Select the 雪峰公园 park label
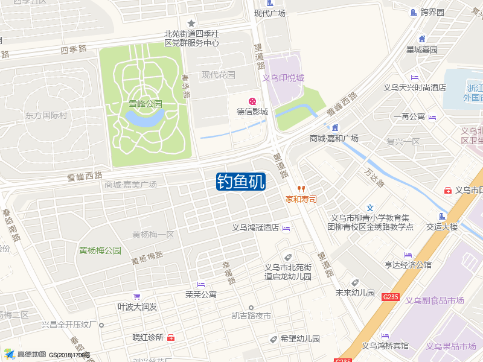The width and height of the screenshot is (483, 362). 146,104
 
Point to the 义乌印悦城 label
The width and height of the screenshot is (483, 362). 283,78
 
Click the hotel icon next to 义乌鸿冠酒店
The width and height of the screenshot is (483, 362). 286,228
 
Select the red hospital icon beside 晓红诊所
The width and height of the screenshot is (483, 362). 171,338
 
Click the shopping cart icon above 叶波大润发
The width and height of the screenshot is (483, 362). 137,296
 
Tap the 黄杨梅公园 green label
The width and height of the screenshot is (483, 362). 100,250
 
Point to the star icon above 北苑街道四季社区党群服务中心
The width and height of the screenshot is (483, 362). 191,23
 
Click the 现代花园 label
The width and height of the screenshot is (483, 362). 219,75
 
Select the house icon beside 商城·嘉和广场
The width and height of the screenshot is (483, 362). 334,127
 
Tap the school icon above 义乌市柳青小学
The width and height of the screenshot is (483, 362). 370,208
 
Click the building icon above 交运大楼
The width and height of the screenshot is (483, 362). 443,217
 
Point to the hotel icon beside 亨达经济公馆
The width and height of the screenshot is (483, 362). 408,254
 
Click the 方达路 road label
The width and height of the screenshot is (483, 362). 374,176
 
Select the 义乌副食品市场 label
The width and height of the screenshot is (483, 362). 434,300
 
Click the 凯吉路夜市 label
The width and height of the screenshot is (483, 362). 251,316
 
